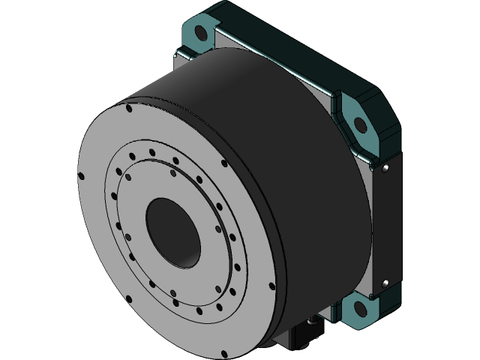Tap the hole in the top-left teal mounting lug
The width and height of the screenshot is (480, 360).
199,33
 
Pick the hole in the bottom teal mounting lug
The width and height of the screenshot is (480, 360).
359,307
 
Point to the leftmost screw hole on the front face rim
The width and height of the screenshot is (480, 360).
82,178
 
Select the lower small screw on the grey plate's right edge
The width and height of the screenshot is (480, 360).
385,283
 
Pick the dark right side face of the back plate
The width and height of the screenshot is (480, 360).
391,225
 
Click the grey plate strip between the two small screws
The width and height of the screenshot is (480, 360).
379,225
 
